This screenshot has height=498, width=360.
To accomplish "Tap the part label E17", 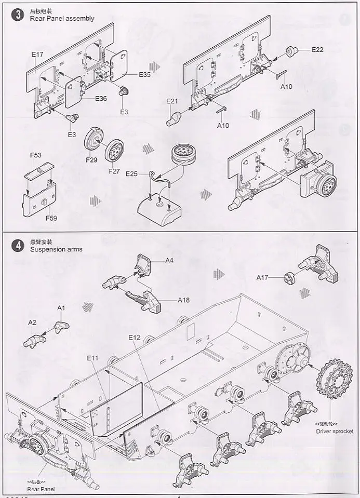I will [x=37, y=54].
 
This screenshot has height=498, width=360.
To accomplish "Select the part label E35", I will [x=144, y=75].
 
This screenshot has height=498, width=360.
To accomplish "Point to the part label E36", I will [x=100, y=99].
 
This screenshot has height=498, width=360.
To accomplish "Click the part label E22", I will [x=317, y=50].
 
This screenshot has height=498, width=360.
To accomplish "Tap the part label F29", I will [x=91, y=160].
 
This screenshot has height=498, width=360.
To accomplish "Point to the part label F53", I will [x=35, y=155].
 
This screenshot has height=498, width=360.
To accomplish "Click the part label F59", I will [x=51, y=218].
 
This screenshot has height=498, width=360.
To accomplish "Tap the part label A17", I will [x=262, y=278].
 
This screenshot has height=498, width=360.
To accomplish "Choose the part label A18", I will [x=184, y=300].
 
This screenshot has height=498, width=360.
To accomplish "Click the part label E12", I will [x=135, y=338].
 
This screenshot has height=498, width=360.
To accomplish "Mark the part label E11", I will [x=93, y=358].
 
